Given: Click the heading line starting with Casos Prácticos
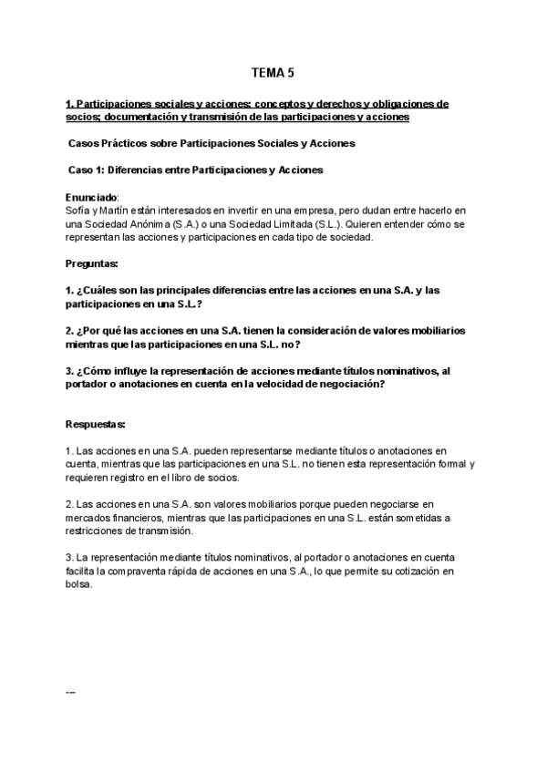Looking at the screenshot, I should (212, 144).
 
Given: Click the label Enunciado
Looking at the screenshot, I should (92, 197).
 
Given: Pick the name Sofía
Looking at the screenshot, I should (78, 211).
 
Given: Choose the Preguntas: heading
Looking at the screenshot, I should (93, 263).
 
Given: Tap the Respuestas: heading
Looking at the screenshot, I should (96, 424).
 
